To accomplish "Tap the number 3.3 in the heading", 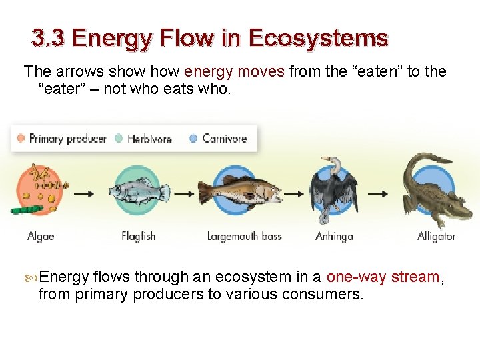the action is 47,38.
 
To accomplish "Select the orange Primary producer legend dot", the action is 21,139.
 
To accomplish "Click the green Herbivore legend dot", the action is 119,139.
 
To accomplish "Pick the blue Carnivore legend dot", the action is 193,139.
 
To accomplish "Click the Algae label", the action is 41,236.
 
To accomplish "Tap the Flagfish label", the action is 138,236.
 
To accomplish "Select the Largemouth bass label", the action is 244,236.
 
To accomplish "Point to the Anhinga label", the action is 334,236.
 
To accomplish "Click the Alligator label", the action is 437,236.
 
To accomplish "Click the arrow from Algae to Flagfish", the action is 83,193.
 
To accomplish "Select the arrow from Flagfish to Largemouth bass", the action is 182,193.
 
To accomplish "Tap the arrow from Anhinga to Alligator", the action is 378,193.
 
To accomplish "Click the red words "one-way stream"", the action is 383,277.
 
